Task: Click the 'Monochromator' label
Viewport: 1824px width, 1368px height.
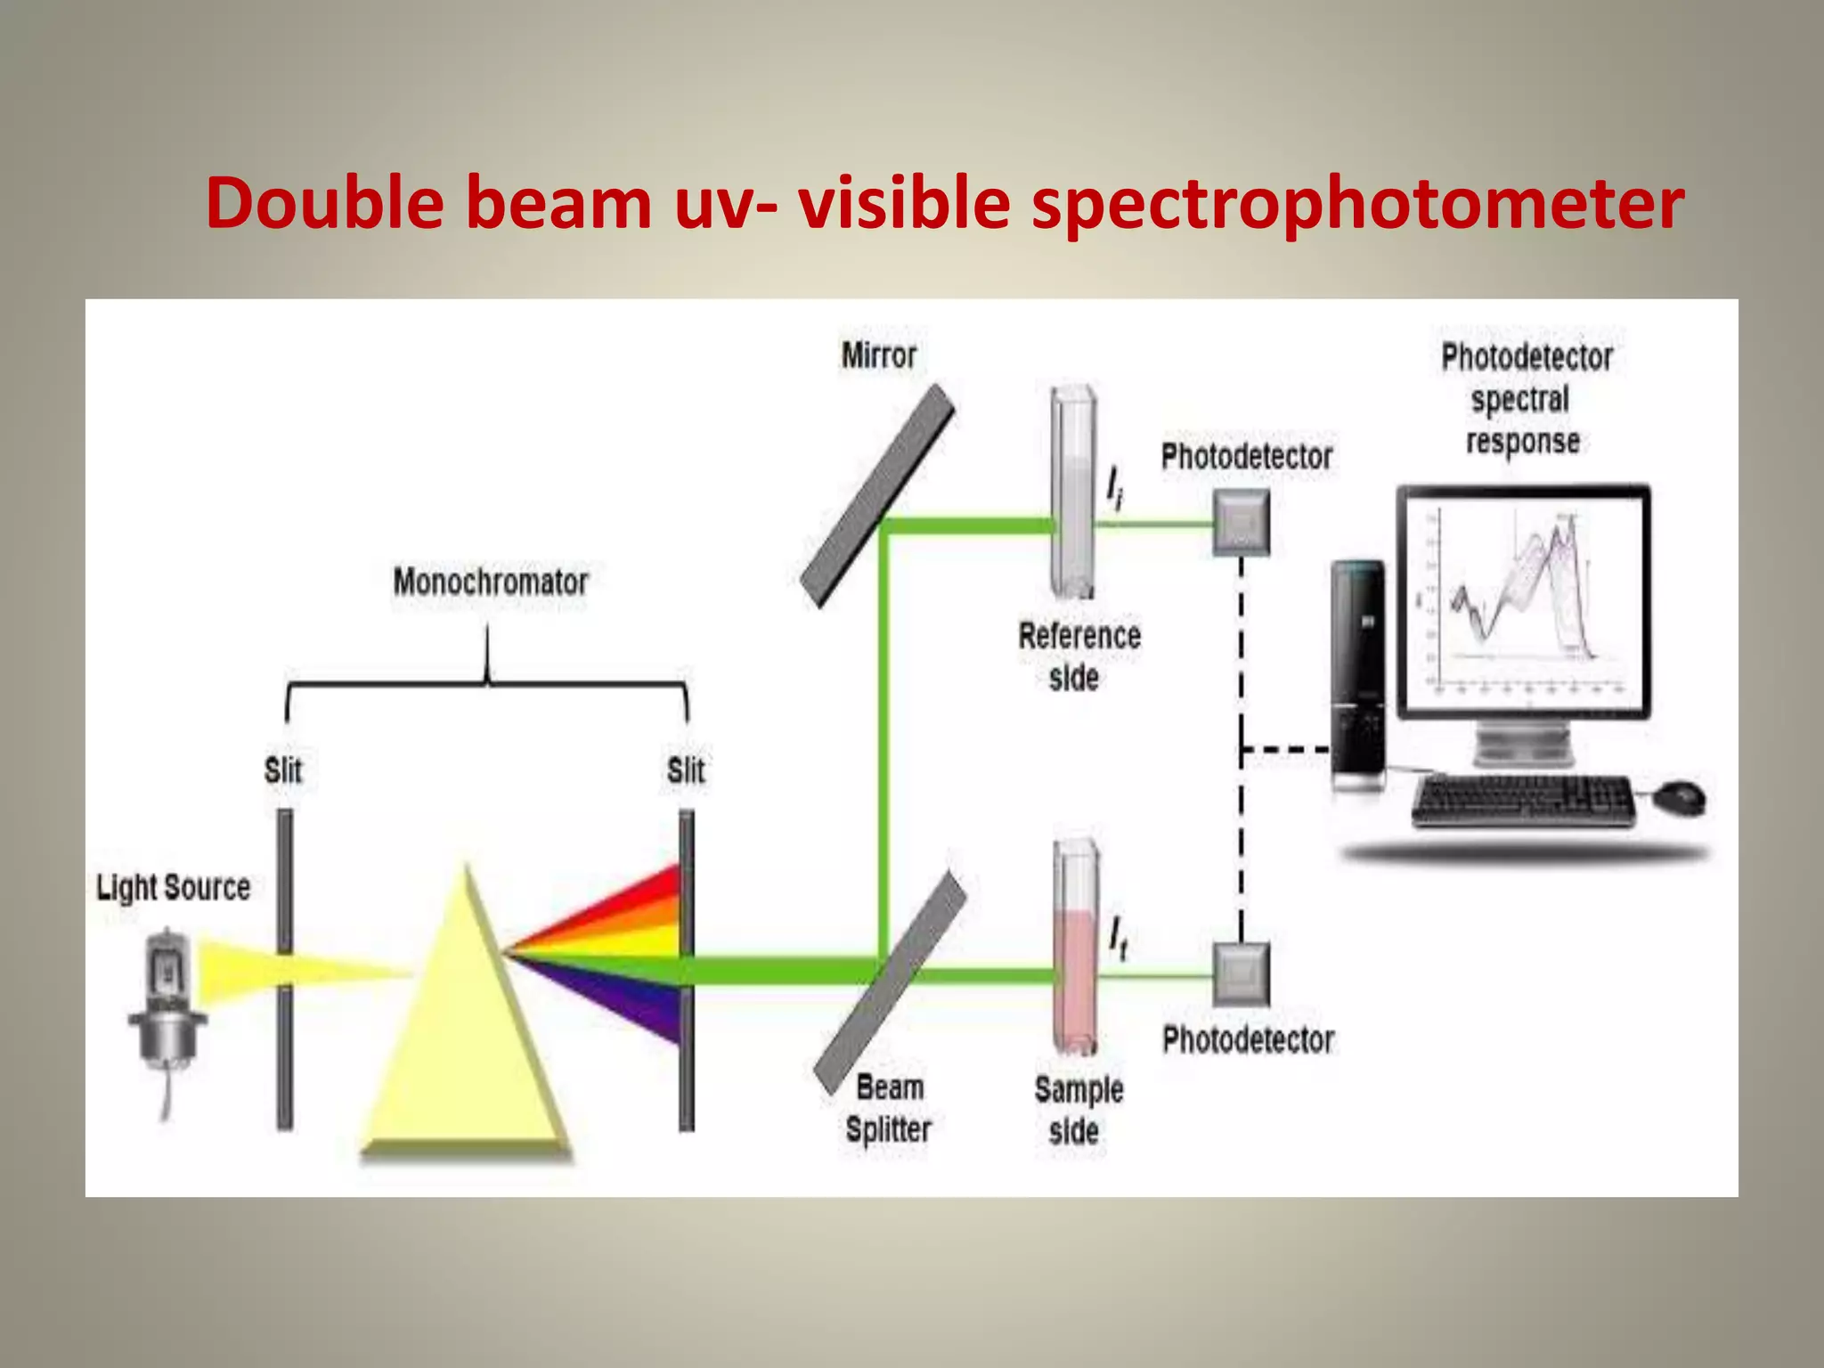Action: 491,582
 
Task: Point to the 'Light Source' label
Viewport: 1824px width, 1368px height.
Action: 174,887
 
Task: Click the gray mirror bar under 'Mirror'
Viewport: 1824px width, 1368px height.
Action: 877,495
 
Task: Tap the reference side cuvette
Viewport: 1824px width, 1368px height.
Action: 1073,491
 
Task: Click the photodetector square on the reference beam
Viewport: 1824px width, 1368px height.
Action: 1241,523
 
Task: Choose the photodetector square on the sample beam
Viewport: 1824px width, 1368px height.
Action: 1242,974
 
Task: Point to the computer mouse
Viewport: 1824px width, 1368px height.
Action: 1679,796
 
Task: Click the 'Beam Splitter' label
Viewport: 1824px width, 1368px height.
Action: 889,1109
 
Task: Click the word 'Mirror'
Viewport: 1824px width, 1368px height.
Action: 878,355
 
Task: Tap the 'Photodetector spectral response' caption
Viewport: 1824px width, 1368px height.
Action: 1526,399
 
